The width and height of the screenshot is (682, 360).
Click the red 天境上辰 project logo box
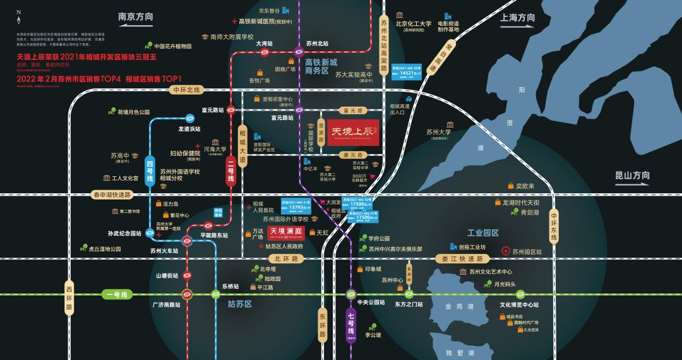pyautogui.click(x=353, y=133)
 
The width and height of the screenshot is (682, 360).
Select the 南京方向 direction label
pyautogui.click(x=136, y=17)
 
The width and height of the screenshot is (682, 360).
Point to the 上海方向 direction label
pyautogui.click(x=517, y=18)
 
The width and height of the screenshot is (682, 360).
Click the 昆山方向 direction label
pyautogui.click(x=632, y=176)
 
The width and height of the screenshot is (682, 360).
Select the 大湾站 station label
pyautogui.click(x=264, y=44)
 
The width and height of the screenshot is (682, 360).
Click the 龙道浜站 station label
pyautogui.click(x=189, y=129)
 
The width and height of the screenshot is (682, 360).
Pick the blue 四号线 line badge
pyautogui.click(x=150, y=170)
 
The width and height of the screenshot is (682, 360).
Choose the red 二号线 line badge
pyautogui.click(x=231, y=170)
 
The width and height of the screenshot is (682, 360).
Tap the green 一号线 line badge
pyautogui.click(x=116, y=295)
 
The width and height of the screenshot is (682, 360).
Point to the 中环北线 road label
pyautogui.click(x=186, y=90)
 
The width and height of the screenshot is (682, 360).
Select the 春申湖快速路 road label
pyautogui.click(x=112, y=195)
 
